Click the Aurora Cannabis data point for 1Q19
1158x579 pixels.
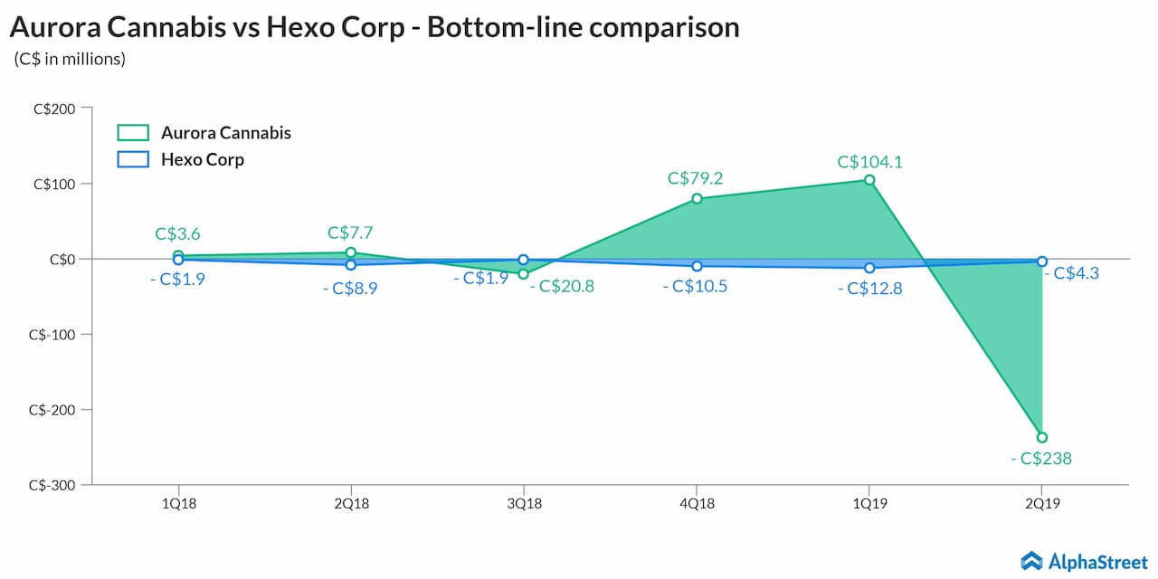tap(869, 180)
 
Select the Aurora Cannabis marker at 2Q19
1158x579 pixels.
tap(1042, 438)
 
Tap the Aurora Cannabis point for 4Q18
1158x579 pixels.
tap(697, 198)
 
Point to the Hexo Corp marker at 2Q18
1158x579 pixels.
tap(351, 265)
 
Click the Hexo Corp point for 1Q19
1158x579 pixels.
tap(869, 268)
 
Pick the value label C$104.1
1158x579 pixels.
tap(869, 162)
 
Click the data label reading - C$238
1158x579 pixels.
tap(1041, 459)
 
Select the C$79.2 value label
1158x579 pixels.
tap(696, 178)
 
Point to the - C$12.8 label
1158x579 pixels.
tap(869, 289)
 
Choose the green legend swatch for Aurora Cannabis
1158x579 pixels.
tap(133, 133)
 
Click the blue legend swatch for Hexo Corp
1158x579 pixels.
tap(133, 160)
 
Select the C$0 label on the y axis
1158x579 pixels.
tap(64, 259)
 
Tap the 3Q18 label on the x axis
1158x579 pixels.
tap(524, 502)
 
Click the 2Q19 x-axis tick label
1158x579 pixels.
tap(1042, 502)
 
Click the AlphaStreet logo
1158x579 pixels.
tap(1084, 562)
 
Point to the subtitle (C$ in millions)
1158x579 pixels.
tap(70, 60)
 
